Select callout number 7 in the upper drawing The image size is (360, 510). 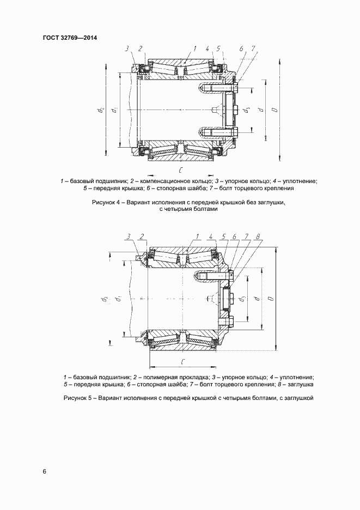(253, 48)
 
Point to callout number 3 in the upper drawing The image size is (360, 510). (126, 48)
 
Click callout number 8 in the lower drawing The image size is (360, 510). (258, 236)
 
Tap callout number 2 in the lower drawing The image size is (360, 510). (142, 236)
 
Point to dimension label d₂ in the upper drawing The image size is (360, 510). (101, 111)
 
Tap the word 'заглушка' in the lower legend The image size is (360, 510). (297, 384)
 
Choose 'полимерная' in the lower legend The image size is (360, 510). (159, 377)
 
